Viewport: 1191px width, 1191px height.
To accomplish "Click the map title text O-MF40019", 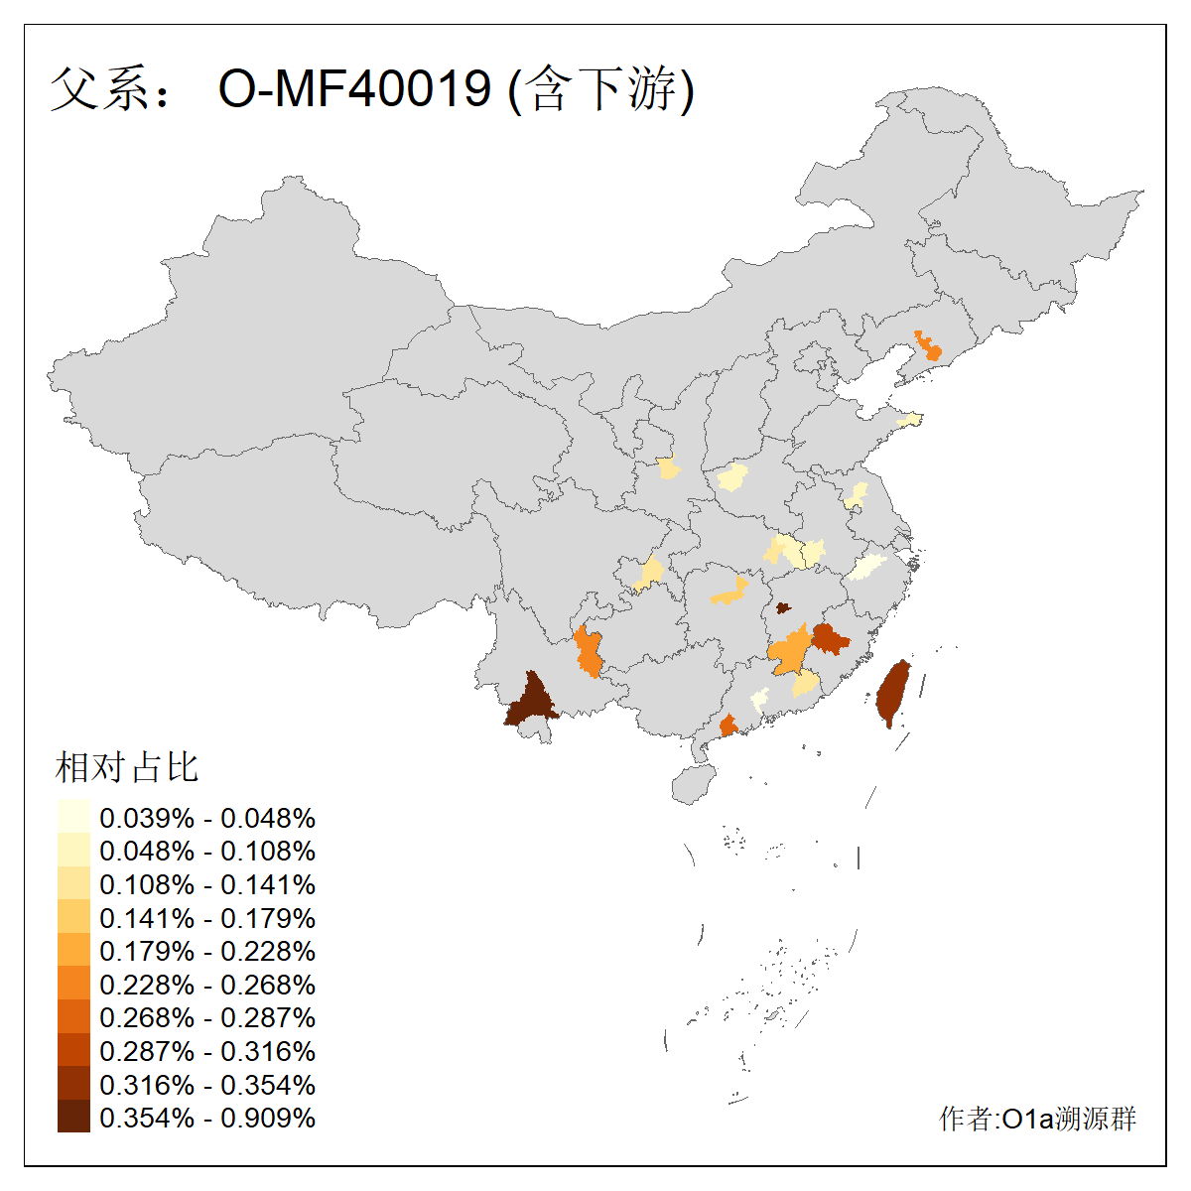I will pyautogui.click(x=354, y=89).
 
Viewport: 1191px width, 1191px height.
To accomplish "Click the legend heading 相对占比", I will pyautogui.click(x=127, y=767).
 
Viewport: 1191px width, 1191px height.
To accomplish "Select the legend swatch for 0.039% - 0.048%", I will pyautogui.click(x=73, y=817).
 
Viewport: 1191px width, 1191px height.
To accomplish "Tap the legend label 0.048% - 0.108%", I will pyautogui.click(x=207, y=851).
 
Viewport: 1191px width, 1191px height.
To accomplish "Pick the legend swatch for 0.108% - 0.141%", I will pyautogui.click(x=73, y=884).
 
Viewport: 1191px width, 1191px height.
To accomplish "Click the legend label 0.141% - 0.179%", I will pyautogui.click(x=207, y=918).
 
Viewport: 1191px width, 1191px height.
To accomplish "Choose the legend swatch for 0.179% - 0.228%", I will pyautogui.click(x=73, y=951).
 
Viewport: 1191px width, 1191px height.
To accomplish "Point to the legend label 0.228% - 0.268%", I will pyautogui.click(x=207, y=985).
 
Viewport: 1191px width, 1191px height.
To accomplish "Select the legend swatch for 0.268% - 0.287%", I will pyautogui.click(x=73, y=1017).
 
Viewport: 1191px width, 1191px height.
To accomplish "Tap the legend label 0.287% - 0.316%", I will pyautogui.click(x=207, y=1051).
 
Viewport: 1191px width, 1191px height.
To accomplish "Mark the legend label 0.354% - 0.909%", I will pyautogui.click(x=207, y=1118).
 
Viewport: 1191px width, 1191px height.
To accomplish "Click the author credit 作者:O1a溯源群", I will pyautogui.click(x=1037, y=1119).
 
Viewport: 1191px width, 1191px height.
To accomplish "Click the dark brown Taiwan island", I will pyautogui.click(x=893, y=694).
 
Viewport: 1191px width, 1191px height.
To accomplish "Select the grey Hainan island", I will pyautogui.click(x=694, y=783).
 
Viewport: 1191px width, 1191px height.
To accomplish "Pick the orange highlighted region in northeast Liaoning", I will pyautogui.click(x=928, y=347).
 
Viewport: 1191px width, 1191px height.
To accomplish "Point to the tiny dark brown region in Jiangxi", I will pyautogui.click(x=782, y=607).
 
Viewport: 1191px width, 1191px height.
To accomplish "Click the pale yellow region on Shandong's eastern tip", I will pyautogui.click(x=909, y=421).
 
